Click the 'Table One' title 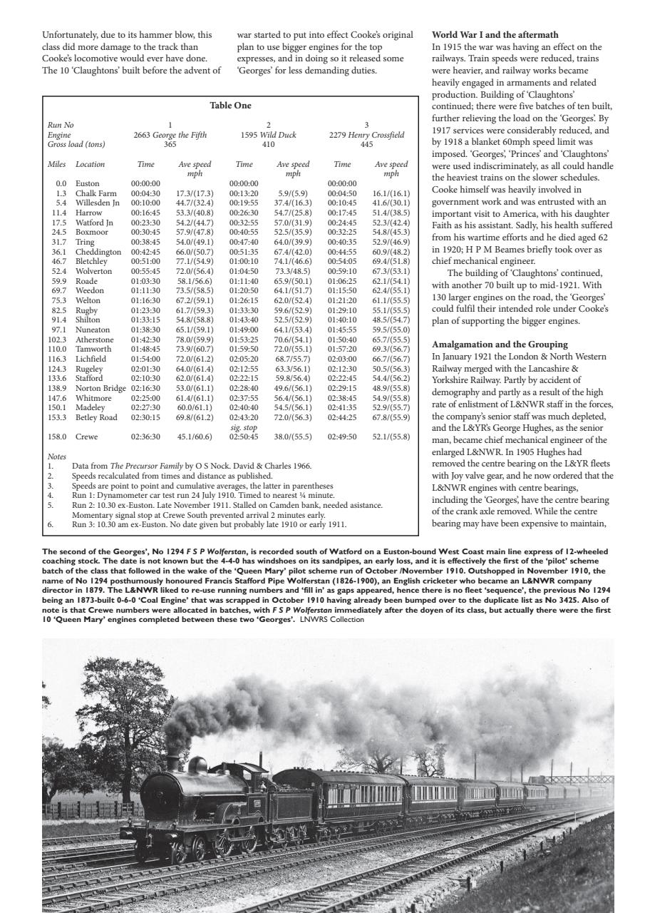click(x=230, y=106)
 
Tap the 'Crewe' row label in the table click(x=88, y=437)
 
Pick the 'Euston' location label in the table click(x=88, y=183)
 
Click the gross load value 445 click(x=366, y=143)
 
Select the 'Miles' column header click(x=56, y=164)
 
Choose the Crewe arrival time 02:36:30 click(x=145, y=437)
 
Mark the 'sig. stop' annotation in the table click(x=244, y=427)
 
